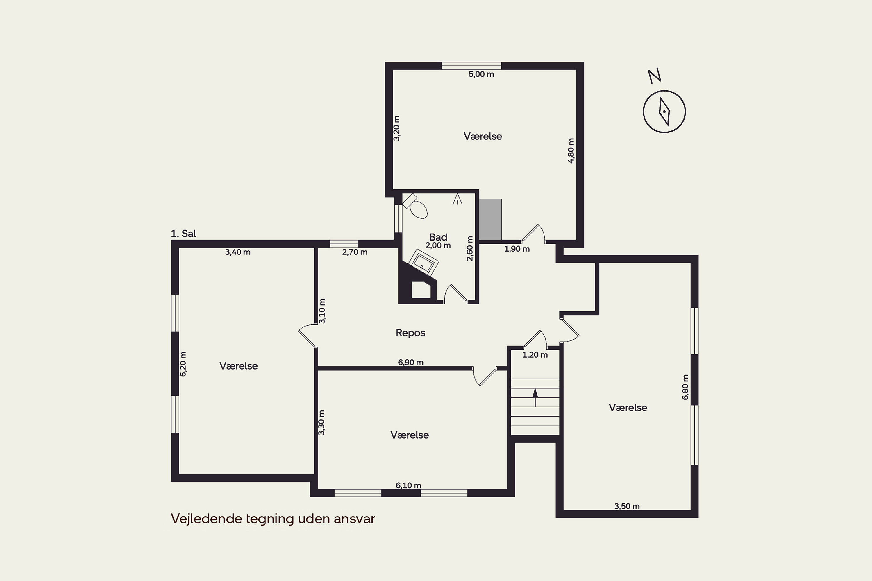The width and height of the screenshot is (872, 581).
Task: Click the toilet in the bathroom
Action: coord(416,206)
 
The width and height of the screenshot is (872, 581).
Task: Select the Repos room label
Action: coord(410,333)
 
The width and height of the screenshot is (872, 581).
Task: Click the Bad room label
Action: coord(438,237)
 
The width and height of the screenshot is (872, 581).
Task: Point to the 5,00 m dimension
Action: coord(481,74)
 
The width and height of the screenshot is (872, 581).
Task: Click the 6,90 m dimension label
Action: coord(411,362)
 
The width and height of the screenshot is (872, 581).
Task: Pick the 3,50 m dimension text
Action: coord(627,506)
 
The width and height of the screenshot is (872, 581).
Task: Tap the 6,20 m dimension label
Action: coord(183,364)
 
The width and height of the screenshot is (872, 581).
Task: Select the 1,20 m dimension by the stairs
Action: coord(535,355)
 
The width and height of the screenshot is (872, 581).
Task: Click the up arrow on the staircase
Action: coord(535,397)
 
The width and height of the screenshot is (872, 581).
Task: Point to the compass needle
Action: coord(664,112)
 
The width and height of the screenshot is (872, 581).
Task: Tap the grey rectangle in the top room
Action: coord(490,219)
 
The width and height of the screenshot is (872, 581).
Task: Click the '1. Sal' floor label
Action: coord(183,234)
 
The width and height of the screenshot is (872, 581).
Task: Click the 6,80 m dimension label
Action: coord(685,387)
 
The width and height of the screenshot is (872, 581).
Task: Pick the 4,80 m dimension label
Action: coord(571,150)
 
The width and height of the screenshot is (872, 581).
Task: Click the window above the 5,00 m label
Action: coord(471,66)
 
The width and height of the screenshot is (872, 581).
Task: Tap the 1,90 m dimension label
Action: coord(517,249)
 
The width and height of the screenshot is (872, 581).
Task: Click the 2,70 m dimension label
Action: coord(355,252)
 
